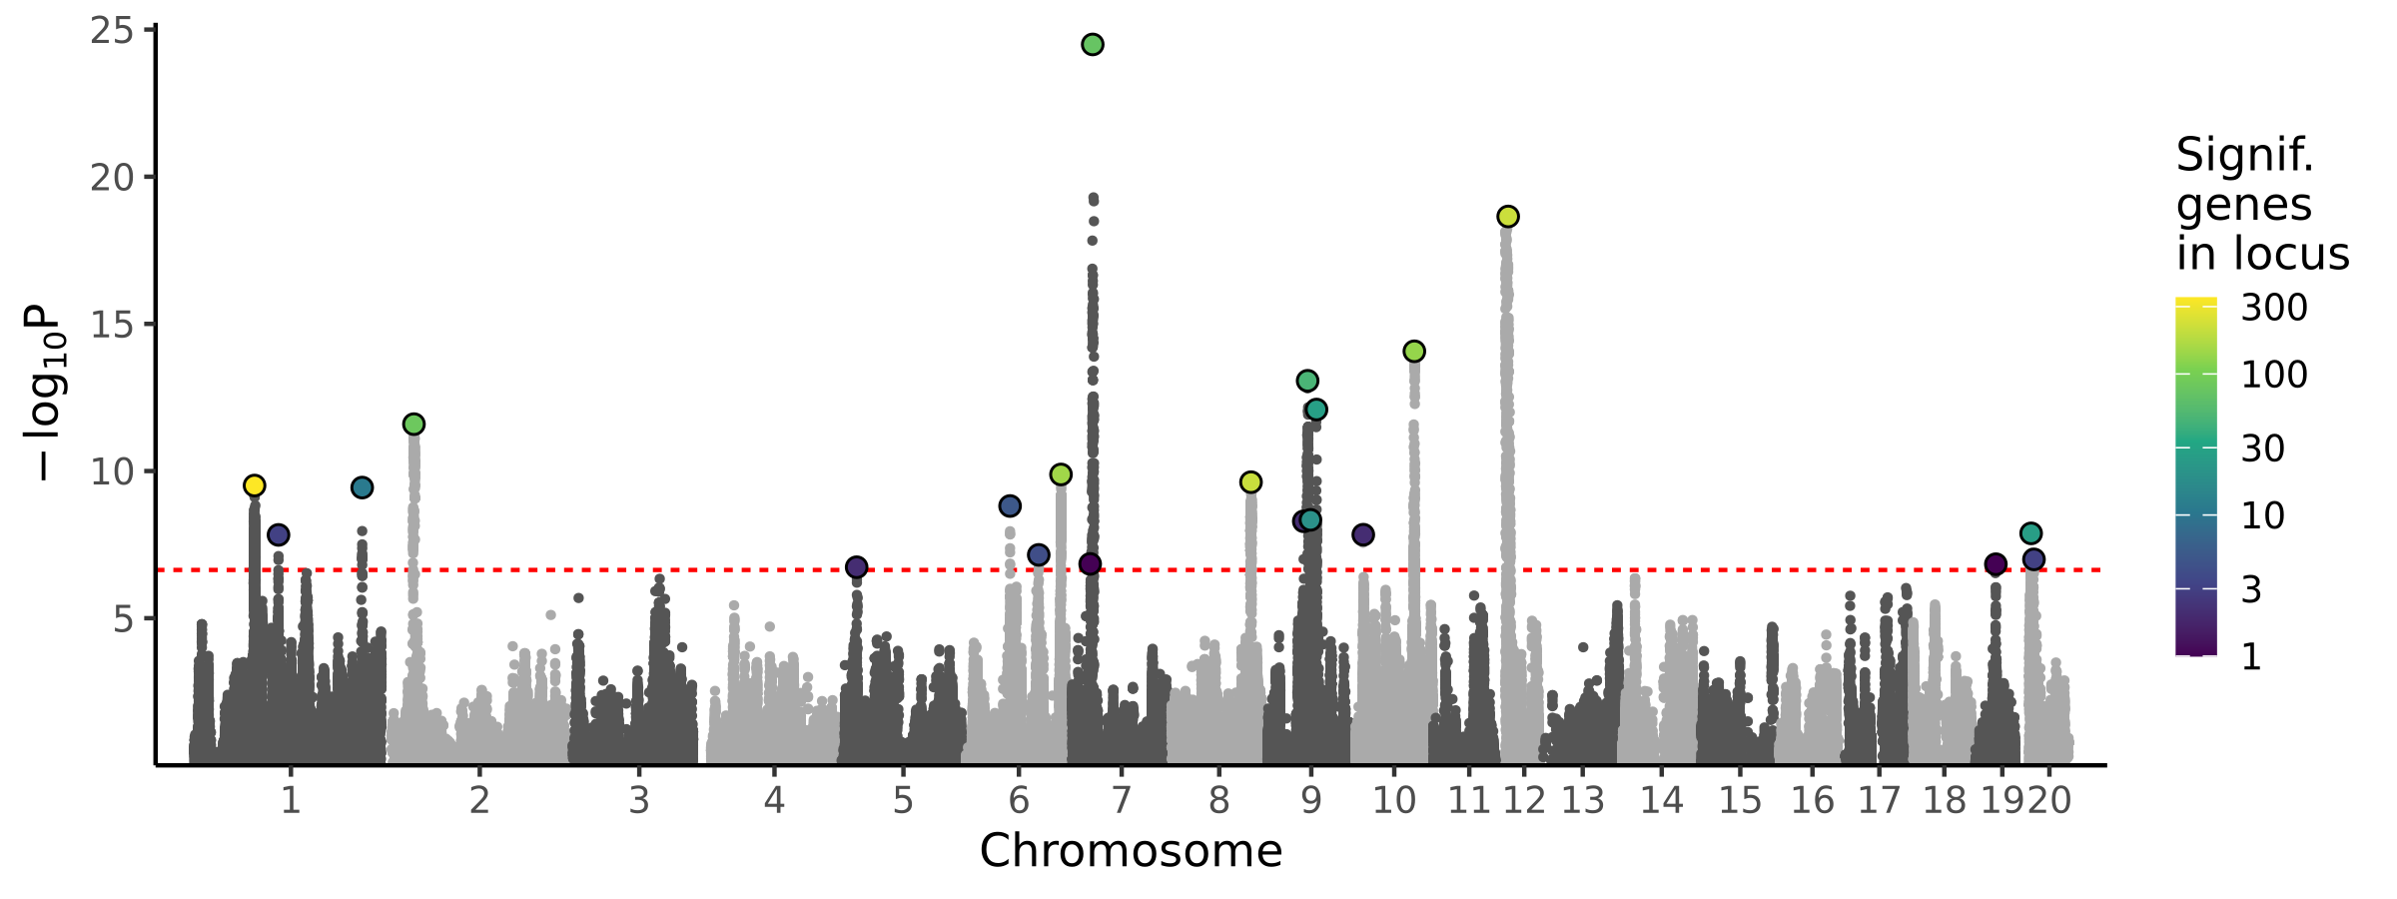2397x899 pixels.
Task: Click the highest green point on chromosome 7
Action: click(x=1092, y=45)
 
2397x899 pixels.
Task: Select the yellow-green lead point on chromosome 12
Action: click(x=1508, y=217)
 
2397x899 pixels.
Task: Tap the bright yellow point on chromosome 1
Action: click(x=255, y=485)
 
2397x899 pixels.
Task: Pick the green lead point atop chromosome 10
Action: click(x=1414, y=352)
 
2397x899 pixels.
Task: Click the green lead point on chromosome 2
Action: click(x=413, y=425)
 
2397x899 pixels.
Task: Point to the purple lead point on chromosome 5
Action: click(x=856, y=567)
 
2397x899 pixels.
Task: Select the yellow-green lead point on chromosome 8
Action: click(x=1250, y=482)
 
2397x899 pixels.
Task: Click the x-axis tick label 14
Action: click(x=1662, y=801)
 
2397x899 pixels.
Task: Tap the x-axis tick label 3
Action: click(x=639, y=801)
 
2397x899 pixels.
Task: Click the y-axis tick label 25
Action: click(x=111, y=32)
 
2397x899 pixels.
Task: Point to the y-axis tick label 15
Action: click(x=111, y=325)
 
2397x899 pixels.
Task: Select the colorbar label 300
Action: click(x=2274, y=308)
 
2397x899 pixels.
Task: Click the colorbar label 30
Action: click(x=2262, y=449)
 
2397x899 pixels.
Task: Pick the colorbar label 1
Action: click(x=2251, y=657)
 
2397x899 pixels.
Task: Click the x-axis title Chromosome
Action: click(x=1131, y=851)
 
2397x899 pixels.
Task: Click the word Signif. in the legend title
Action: click(x=2244, y=156)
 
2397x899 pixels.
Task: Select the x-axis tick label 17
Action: click(x=1879, y=801)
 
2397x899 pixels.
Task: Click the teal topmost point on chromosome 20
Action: click(x=2030, y=533)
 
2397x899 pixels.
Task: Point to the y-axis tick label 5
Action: click(x=123, y=619)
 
